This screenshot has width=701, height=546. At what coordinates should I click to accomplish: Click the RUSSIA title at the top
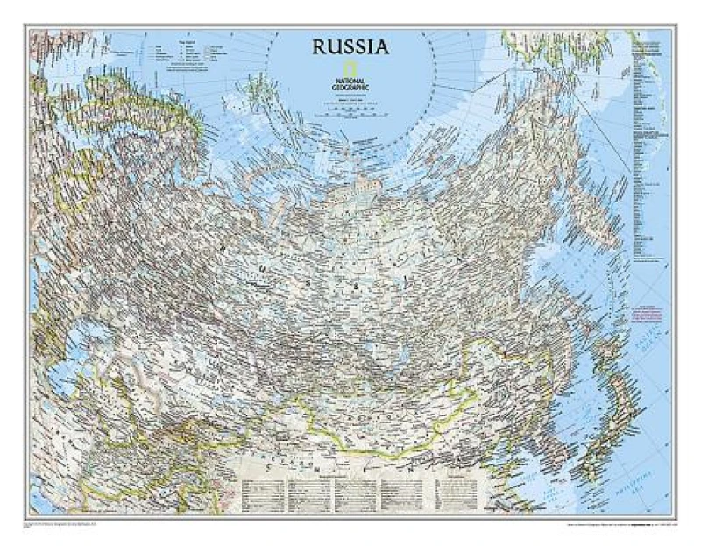(350, 46)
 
